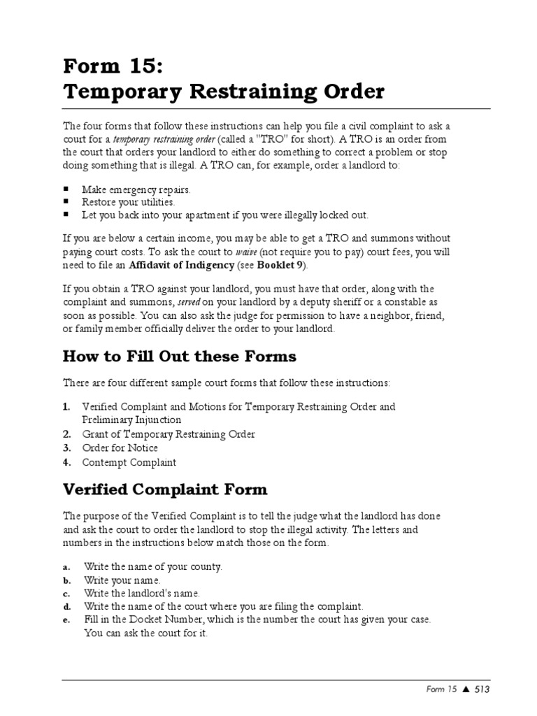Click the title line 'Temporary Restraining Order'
[x=224, y=92]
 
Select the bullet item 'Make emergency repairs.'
[x=136, y=189]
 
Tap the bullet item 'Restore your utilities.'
[x=129, y=202]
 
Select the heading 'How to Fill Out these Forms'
[x=180, y=357]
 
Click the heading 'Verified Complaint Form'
[x=165, y=489]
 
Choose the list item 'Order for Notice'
[x=120, y=448]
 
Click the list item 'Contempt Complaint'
[x=129, y=462]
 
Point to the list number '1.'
[x=66, y=406]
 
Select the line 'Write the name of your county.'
[x=152, y=566]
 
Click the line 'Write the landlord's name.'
[x=142, y=593]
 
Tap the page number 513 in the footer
[x=481, y=689]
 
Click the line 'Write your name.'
[x=122, y=580]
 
